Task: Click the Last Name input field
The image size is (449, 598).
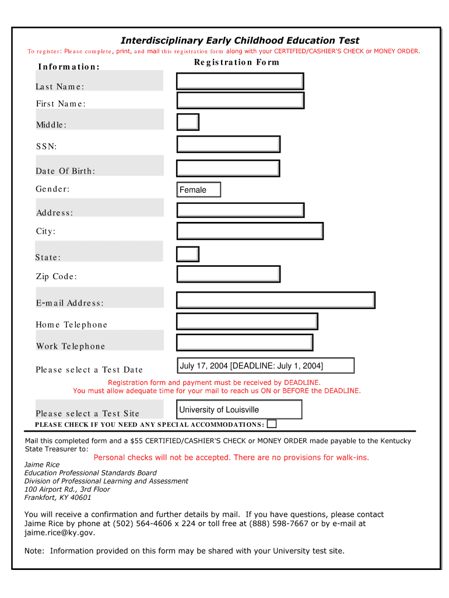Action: click(x=240, y=81)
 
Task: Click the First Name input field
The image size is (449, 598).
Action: click(x=240, y=100)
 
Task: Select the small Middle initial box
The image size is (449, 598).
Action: click(x=188, y=122)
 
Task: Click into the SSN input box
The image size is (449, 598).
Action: click(x=228, y=144)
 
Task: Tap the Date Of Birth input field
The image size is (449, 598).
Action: click(x=228, y=168)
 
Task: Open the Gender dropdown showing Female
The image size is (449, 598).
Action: click(x=199, y=190)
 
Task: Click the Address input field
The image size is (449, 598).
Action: click(x=240, y=210)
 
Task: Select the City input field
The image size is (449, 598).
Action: click(x=250, y=231)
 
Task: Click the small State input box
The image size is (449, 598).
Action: click(x=188, y=254)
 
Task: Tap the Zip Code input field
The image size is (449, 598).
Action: click(x=228, y=274)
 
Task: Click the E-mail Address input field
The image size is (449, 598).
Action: click(x=275, y=300)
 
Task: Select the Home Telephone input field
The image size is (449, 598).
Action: click(x=247, y=321)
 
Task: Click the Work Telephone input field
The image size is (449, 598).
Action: click(x=244, y=342)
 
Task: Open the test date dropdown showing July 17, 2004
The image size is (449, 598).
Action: click(x=265, y=366)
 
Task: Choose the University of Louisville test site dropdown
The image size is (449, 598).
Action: click(x=239, y=409)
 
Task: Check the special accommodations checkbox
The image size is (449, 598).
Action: click(x=272, y=424)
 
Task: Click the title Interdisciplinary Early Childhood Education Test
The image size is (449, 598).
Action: click(x=240, y=40)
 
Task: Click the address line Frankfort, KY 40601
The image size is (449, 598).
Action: click(x=58, y=498)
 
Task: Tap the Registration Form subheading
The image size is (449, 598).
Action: click(x=237, y=62)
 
